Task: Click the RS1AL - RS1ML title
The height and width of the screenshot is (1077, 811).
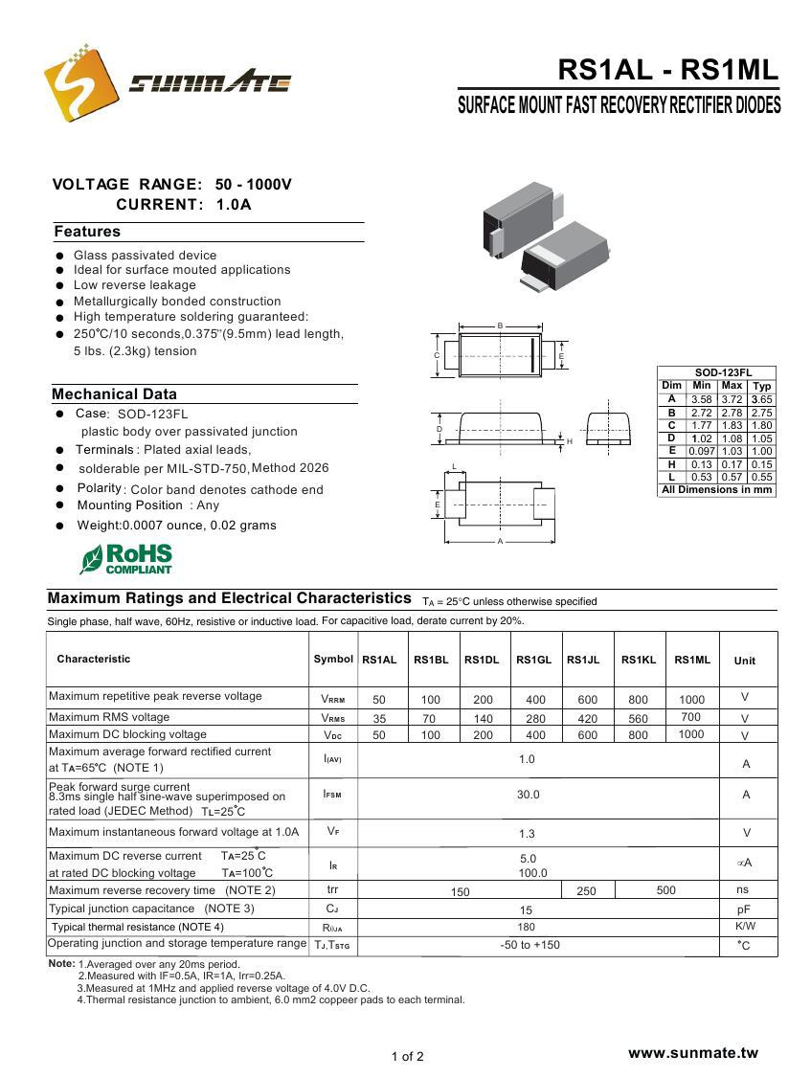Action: [667, 70]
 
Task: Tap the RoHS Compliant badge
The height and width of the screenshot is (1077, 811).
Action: [125, 558]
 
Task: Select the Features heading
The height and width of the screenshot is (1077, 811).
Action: [87, 232]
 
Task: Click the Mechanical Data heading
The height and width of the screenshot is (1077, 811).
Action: [114, 394]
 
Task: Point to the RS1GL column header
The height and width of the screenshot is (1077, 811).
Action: [533, 660]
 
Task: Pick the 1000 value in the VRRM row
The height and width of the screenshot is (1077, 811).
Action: [691, 700]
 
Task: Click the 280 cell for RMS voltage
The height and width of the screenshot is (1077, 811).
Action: [535, 719]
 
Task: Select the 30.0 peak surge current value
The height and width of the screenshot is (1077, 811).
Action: [528, 795]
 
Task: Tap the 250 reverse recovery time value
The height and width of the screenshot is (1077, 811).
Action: [587, 891]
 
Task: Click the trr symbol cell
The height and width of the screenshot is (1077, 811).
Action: [332, 890]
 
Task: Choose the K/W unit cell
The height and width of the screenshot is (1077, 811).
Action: [745, 927]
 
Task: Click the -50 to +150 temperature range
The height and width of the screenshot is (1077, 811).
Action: [529, 945]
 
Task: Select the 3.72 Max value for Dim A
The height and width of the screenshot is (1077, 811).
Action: [732, 399]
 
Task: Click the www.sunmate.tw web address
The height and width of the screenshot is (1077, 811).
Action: [692, 1053]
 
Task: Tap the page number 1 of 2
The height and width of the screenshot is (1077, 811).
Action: [407, 1057]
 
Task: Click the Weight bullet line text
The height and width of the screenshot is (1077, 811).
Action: [176, 526]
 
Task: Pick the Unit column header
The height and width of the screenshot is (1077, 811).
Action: [744, 661]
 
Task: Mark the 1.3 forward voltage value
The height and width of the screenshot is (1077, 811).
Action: [527, 834]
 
